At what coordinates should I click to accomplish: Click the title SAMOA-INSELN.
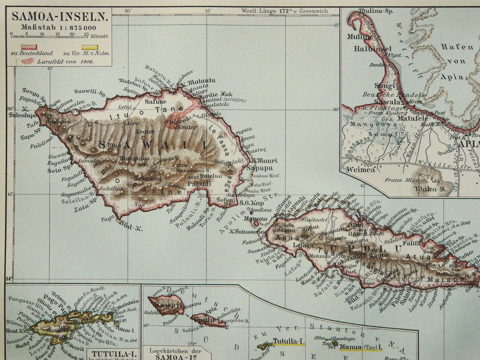coord(59,17)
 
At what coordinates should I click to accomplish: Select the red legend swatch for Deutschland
coord(30,47)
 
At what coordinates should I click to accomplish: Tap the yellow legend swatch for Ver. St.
coord(90,47)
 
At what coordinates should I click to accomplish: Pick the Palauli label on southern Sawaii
coord(196,183)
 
